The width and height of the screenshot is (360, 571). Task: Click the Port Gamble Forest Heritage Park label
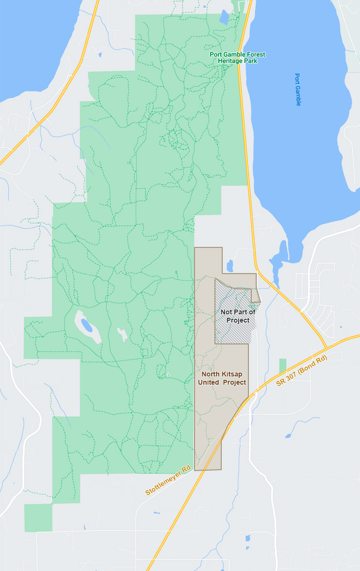(x=237, y=58)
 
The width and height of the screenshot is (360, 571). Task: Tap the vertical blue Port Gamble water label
(x=298, y=90)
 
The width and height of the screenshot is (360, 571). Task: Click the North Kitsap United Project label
(x=224, y=378)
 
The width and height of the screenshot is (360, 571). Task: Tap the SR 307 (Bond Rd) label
(x=301, y=372)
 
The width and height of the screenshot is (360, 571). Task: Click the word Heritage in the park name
(x=229, y=61)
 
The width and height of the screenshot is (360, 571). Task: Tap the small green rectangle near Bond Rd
(x=282, y=366)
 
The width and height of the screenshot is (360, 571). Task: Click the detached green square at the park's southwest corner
(x=38, y=518)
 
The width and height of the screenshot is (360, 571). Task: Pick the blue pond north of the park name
(x=224, y=17)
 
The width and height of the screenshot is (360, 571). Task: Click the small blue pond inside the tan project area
(x=229, y=266)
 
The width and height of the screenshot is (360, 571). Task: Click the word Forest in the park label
(x=256, y=54)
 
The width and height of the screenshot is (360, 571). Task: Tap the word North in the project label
(x=212, y=374)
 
